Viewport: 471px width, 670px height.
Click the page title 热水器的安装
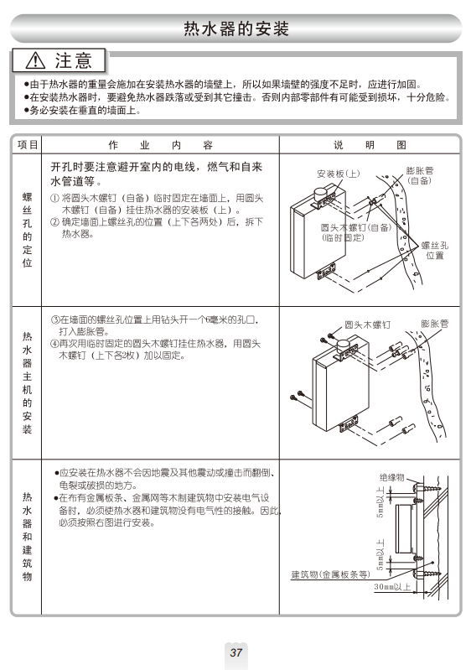coord(236,29)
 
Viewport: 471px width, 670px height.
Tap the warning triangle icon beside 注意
coord(35,60)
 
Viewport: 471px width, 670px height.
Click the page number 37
coord(235,652)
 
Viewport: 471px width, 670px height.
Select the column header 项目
coord(28,145)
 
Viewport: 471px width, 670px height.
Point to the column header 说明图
coord(370,145)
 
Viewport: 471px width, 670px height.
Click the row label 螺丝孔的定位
coord(28,230)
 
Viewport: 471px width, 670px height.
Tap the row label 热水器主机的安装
coord(28,382)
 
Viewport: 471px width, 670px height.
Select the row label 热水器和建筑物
coord(28,537)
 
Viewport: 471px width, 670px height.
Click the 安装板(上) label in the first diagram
coord(339,174)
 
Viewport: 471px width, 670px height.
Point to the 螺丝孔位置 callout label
coord(435,251)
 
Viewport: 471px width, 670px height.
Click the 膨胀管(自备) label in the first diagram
coord(419,175)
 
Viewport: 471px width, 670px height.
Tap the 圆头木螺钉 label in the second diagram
coord(368,325)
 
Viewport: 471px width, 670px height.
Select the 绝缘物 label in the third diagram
coord(392,477)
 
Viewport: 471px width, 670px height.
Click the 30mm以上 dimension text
coord(392,587)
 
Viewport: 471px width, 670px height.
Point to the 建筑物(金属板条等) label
coord(330,574)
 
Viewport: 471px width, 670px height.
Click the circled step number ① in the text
coord(54,198)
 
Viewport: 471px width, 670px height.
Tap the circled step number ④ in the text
coord(54,344)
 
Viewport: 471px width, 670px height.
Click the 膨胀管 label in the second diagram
coord(435,324)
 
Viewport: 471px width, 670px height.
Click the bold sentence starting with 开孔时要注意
coord(156,174)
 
